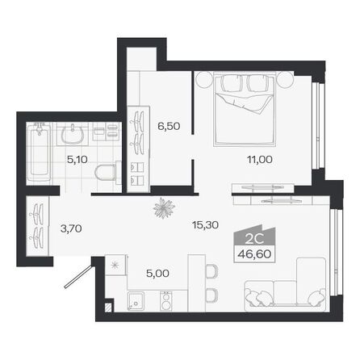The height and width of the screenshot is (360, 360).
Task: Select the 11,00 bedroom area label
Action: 259,159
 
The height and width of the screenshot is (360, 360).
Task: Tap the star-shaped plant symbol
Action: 164,206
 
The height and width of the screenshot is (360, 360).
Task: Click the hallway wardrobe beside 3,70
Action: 37,223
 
